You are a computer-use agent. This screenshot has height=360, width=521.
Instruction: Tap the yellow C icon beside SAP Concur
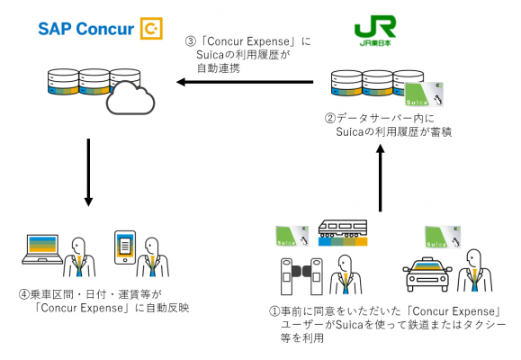[x=151, y=29]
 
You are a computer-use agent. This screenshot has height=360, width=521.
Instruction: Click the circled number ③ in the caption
[x=187, y=41]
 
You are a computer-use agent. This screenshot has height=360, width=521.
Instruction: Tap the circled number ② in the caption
[x=330, y=118]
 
